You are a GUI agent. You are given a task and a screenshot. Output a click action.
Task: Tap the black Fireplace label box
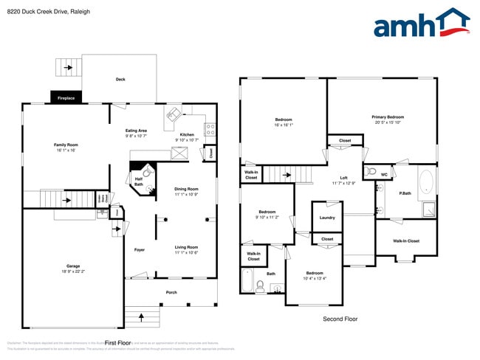point(66,97)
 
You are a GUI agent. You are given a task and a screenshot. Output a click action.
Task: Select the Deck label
point(120,79)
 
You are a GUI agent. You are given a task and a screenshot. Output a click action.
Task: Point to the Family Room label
point(66,145)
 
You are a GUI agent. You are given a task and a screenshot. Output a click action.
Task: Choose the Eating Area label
point(136,131)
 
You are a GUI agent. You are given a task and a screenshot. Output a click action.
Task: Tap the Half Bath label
point(139,181)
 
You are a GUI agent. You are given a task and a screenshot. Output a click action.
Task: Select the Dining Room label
point(186,190)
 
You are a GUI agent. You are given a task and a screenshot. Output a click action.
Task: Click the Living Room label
point(186,247)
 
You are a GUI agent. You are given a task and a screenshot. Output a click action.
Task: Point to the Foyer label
point(140,250)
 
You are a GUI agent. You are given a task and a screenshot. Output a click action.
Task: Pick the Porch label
point(171,292)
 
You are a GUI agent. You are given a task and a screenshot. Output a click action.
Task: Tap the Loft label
point(343,178)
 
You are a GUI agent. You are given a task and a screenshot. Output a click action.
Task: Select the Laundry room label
point(327,218)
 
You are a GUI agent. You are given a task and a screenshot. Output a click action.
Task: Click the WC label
point(384,174)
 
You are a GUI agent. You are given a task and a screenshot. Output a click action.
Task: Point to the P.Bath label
point(405,194)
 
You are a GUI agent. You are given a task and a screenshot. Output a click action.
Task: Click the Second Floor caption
point(340,319)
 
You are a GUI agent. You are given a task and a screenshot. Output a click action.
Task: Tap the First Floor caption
point(117,343)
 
